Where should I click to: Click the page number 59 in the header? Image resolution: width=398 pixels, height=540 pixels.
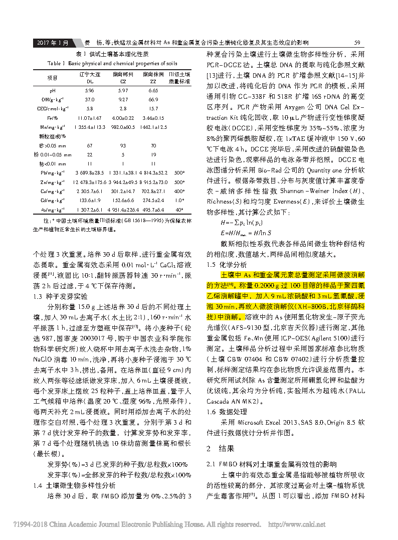(x=357, y=43)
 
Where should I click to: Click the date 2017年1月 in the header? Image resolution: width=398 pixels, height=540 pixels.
(x=52, y=43)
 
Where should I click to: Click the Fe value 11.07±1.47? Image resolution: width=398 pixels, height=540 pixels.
(x=89, y=117)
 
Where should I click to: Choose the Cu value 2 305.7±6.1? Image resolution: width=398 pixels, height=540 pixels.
(x=89, y=191)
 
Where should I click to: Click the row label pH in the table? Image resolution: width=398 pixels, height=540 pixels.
(x=52, y=90)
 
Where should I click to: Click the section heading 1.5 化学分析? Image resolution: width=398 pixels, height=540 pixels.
(x=227, y=264)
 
